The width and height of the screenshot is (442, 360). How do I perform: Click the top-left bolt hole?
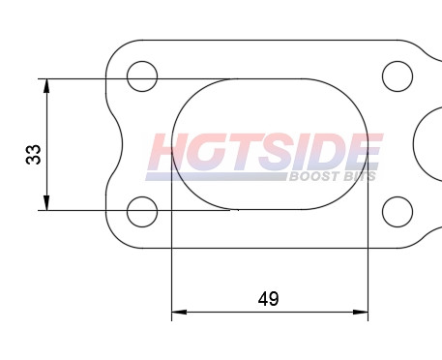142,75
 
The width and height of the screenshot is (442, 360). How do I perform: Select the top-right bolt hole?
398,75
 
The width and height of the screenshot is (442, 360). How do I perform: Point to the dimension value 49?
269,299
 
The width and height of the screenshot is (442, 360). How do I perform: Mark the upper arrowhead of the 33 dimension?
46,85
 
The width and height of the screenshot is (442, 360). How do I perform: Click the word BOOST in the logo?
311,176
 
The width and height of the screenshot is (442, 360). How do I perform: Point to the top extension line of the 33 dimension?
135,78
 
